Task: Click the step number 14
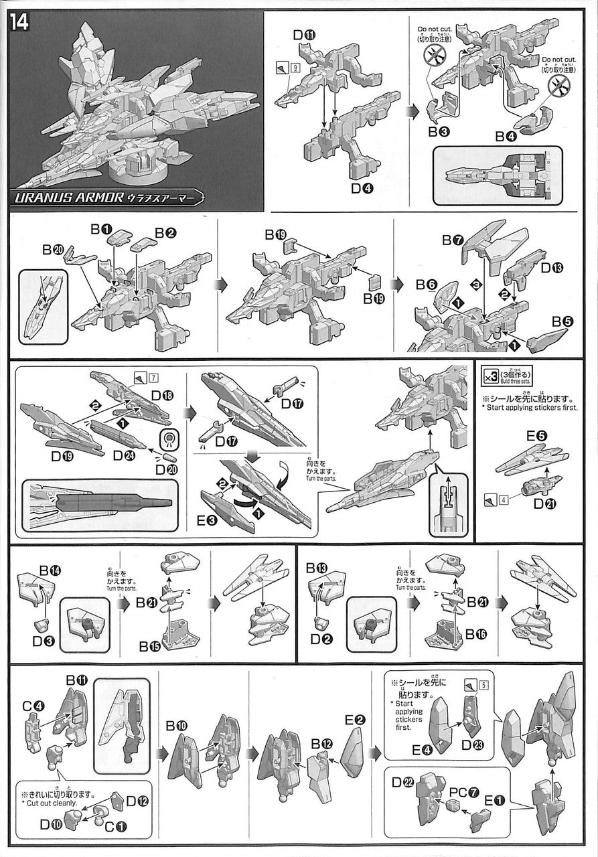(x=21, y=21)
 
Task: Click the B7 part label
(x=453, y=239)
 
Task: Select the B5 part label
(x=563, y=321)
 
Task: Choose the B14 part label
(x=50, y=570)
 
